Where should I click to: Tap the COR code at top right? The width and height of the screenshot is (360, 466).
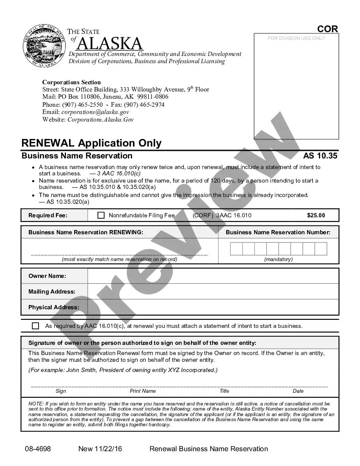click(x=328, y=29)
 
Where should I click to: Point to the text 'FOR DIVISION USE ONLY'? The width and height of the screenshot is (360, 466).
click(x=296, y=38)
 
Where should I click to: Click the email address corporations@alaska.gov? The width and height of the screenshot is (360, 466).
click(x=95, y=112)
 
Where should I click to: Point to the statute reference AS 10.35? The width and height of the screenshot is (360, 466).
click(x=320, y=156)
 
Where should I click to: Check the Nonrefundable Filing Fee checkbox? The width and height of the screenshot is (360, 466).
click(x=101, y=215)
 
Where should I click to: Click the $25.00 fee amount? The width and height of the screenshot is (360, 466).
click(x=316, y=215)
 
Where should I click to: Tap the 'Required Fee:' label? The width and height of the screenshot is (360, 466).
click(x=48, y=215)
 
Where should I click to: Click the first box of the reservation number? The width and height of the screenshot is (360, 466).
click(x=236, y=249)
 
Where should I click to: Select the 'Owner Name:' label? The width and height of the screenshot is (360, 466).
click(x=47, y=276)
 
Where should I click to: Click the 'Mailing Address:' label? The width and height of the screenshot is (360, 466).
click(x=52, y=291)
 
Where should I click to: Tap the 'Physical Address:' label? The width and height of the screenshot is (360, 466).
click(x=53, y=307)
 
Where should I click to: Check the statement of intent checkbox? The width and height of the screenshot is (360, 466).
click(x=36, y=326)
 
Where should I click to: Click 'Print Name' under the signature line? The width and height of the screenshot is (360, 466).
click(x=143, y=391)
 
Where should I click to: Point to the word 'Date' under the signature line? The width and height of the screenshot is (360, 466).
click(x=298, y=391)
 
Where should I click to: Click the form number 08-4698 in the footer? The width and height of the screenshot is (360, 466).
click(x=37, y=449)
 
